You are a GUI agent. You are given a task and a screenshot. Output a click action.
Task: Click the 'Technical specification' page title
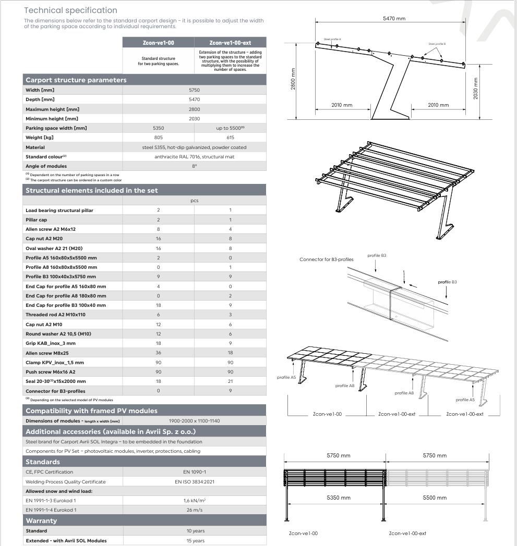click(70, 10)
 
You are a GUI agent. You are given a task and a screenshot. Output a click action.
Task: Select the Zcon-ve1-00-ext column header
click(230, 43)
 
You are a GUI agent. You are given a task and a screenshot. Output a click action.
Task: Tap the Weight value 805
click(159, 138)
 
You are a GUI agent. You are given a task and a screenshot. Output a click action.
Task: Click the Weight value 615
click(230, 138)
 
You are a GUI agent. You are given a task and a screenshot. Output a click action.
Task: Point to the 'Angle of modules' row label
click(46, 166)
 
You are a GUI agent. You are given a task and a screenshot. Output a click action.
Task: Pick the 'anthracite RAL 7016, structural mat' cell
click(194, 157)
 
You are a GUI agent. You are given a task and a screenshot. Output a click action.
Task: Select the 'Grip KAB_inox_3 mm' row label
click(51, 343)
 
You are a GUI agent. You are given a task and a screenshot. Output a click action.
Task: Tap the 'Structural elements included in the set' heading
click(92, 191)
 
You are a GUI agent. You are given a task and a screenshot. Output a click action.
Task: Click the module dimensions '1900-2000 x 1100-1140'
click(194, 421)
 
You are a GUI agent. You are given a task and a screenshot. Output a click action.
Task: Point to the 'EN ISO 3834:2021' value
click(194, 482)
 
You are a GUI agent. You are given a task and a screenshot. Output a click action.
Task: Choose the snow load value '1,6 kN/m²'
click(194, 501)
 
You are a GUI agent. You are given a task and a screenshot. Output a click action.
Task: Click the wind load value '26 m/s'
click(194, 510)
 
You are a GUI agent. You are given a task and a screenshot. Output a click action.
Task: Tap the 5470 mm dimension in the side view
click(394, 19)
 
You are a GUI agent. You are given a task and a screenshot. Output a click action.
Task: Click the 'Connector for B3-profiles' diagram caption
click(327, 259)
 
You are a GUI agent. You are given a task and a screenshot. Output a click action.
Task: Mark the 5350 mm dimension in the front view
click(339, 498)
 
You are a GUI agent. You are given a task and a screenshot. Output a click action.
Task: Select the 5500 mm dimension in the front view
click(435, 498)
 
